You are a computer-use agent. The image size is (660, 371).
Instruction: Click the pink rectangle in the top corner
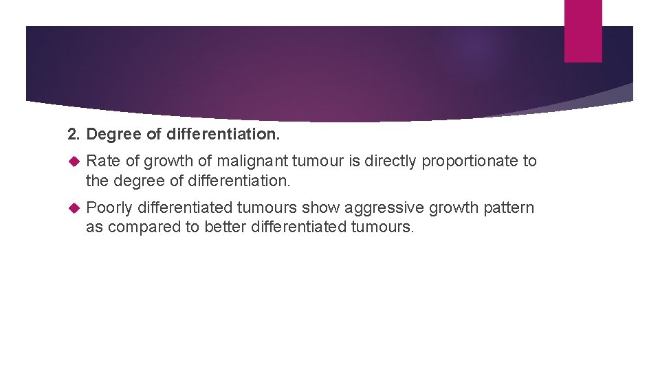tap(583, 30)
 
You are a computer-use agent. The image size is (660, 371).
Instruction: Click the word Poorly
tap(109, 208)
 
